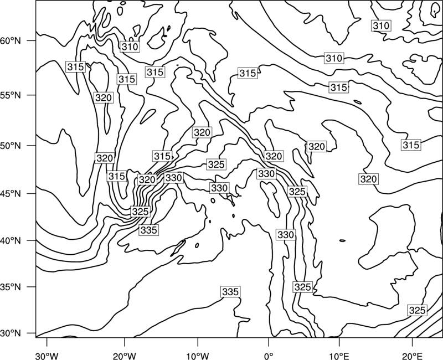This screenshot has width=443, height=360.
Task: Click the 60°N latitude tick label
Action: click(11, 41)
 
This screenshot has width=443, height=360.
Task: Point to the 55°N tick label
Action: click(11, 95)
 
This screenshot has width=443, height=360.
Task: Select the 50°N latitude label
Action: click(11, 146)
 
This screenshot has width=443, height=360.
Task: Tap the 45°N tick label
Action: click(11, 193)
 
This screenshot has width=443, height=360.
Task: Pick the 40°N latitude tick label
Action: click(11, 241)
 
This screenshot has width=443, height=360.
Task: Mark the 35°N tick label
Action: click(11, 287)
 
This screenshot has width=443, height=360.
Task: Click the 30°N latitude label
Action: click(11, 333)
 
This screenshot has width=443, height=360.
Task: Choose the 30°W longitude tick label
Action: click(47, 356)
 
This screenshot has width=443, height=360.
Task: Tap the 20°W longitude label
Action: click(124, 356)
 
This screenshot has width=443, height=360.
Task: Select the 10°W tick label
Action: click(198, 356)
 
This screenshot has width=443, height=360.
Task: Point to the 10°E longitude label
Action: click(340, 356)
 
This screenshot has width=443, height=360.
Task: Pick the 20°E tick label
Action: click(412, 356)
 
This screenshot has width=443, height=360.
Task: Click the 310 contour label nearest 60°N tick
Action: click(130, 47)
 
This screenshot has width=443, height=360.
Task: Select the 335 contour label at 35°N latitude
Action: click(230, 292)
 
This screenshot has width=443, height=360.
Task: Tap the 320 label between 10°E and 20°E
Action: click(369, 179)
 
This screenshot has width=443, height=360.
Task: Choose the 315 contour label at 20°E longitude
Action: click(411, 145)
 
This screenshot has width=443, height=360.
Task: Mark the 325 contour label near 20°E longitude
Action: click(418, 310)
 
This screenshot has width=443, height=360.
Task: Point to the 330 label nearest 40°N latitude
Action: click(286, 234)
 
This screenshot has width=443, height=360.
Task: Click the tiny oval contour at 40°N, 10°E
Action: click(342, 241)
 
